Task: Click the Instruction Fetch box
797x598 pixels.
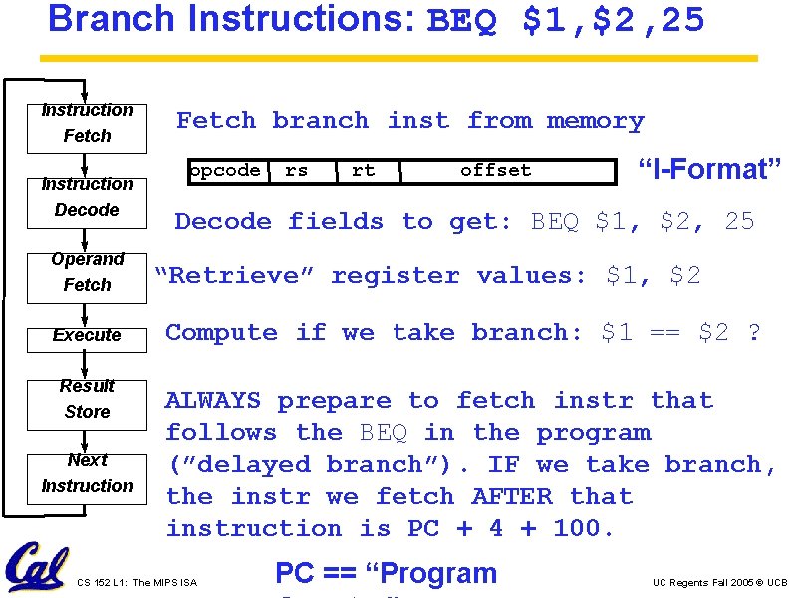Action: click(x=87, y=124)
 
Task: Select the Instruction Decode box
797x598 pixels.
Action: click(x=87, y=198)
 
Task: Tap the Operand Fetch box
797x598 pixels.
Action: click(x=87, y=273)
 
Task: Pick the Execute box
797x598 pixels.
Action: click(x=87, y=336)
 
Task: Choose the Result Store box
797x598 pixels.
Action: click(x=87, y=399)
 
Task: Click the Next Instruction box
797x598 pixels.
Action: click(x=87, y=473)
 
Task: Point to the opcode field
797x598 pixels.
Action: click(x=225, y=171)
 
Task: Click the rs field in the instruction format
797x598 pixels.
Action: click(x=297, y=171)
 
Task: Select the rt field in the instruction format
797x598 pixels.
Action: click(x=364, y=171)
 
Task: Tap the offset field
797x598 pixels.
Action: click(x=496, y=171)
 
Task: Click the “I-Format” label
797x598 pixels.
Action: click(x=708, y=169)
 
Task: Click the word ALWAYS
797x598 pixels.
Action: click(x=213, y=401)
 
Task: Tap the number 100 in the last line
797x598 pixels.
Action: click(x=577, y=528)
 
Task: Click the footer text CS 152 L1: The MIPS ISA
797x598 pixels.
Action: click(x=136, y=582)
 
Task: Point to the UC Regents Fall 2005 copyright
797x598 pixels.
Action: click(x=719, y=582)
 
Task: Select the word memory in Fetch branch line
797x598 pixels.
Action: click(x=595, y=121)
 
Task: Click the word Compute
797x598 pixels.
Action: click(x=221, y=333)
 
